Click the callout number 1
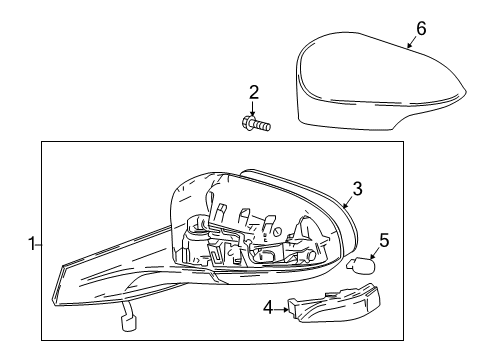[30, 241]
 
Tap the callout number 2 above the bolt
[254, 93]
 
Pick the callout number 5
[383, 240]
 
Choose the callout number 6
[421, 28]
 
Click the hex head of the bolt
[246, 123]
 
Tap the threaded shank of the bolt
[261, 124]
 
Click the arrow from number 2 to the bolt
[254, 108]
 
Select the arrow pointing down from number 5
[380, 252]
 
